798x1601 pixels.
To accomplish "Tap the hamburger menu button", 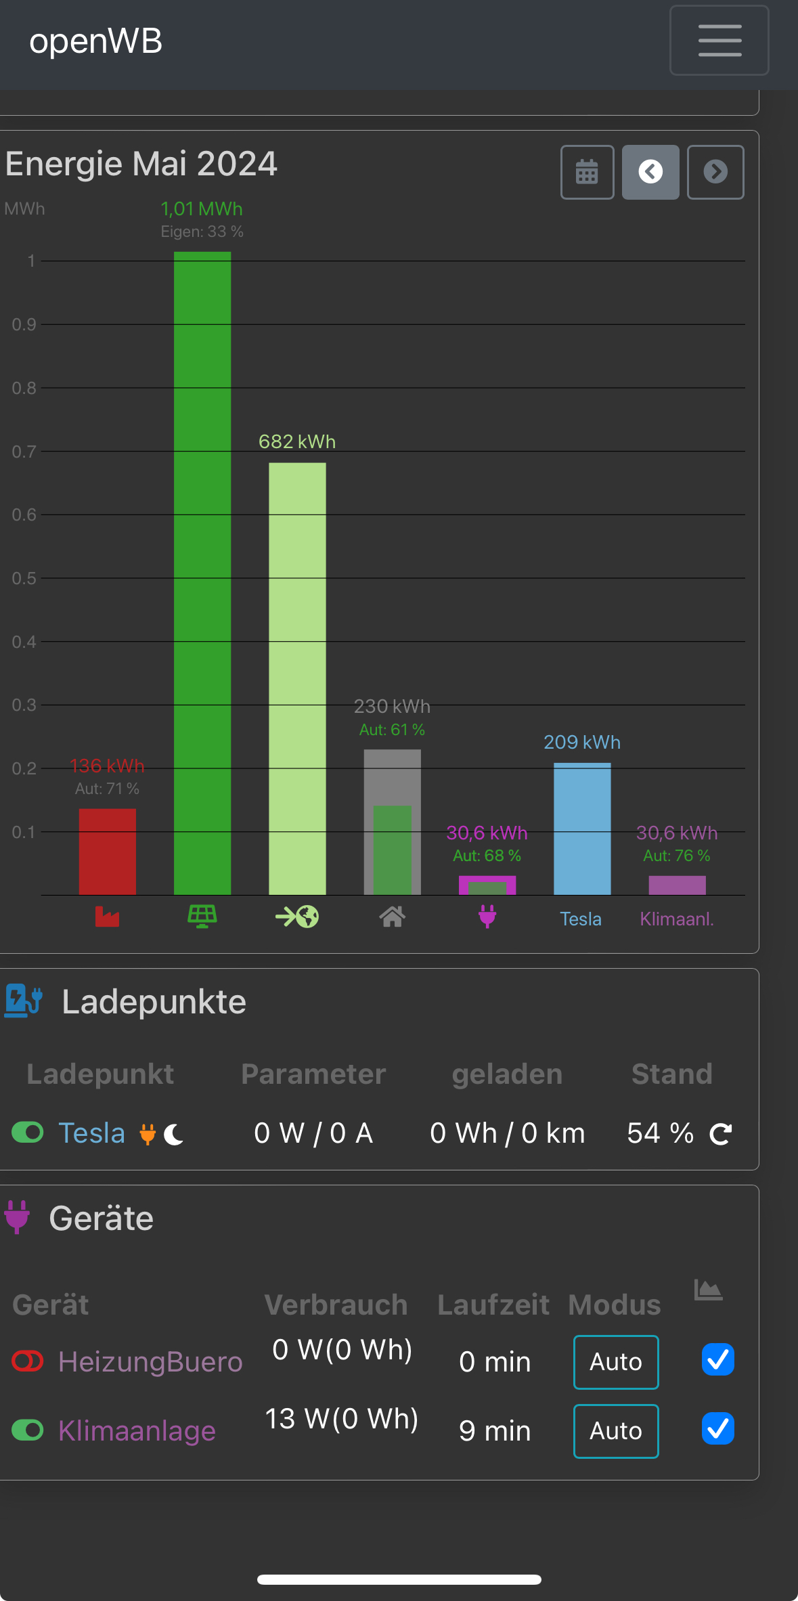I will point(719,41).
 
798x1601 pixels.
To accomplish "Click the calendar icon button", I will point(587,172).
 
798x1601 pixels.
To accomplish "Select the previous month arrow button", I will point(650,172).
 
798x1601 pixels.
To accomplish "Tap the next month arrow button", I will point(715,172).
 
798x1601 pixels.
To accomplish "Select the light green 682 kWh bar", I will point(297,677).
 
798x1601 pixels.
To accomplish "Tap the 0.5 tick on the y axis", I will point(24,578).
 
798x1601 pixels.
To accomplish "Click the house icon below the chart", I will point(393,917).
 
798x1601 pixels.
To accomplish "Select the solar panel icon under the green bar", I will point(202,917).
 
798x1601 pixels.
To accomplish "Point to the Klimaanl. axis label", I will point(677,919).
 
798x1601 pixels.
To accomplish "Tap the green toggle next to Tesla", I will point(28,1132).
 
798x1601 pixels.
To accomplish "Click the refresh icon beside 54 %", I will point(721,1133).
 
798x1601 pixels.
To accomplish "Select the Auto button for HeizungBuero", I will point(616,1361).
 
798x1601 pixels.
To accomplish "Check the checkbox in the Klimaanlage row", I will point(718,1428).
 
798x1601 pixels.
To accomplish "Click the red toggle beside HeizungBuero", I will point(28,1361).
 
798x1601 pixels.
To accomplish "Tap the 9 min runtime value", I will point(495,1430).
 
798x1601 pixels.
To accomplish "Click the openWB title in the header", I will point(96,41).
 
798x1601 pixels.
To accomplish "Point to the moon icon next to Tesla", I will point(174,1134).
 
